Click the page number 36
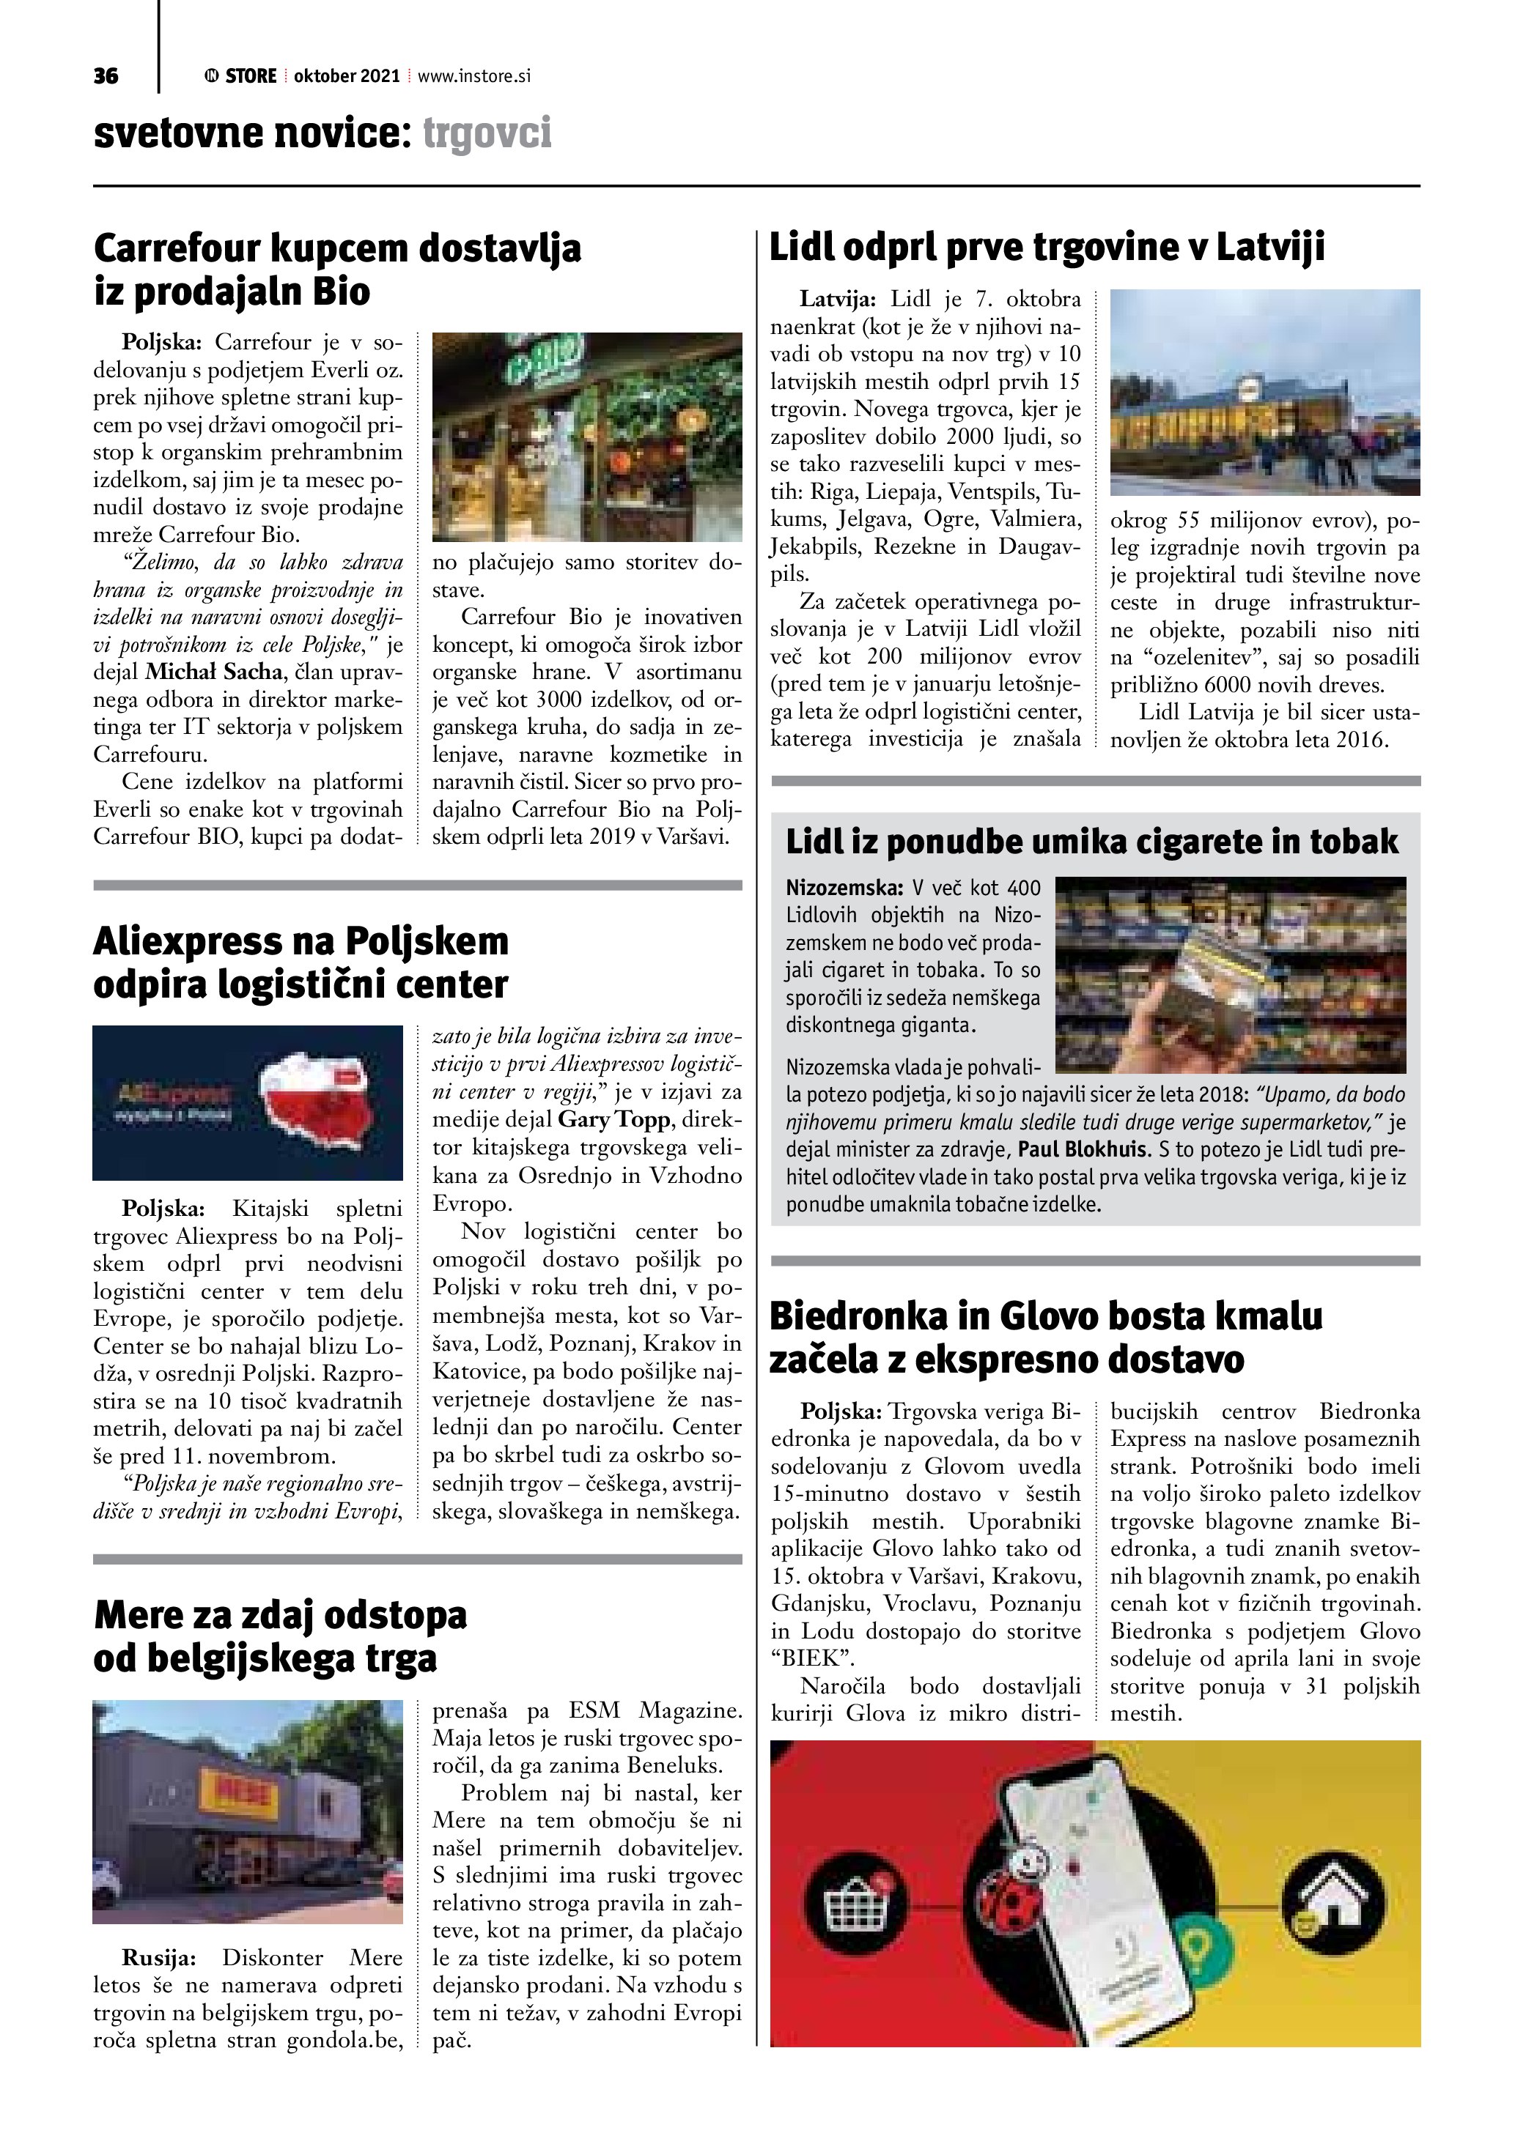pos(106,76)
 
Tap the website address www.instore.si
pos(474,76)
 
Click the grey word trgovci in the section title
pos(487,133)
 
